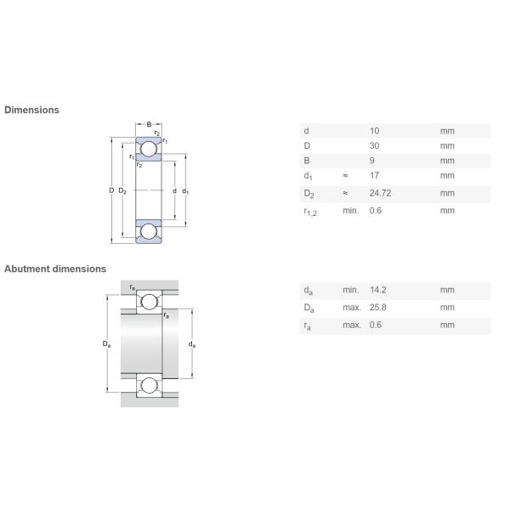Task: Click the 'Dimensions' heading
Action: point(31,110)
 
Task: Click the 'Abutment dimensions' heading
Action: point(55,269)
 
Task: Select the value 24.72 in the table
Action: point(380,193)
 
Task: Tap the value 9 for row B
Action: point(372,161)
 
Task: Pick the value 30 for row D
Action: point(375,145)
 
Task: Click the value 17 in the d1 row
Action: point(375,176)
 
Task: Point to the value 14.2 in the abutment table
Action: point(377,290)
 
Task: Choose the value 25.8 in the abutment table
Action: point(377,307)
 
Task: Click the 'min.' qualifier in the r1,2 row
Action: point(350,210)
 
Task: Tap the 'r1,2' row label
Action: point(309,211)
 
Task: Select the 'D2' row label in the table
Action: point(308,194)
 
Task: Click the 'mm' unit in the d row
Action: point(447,131)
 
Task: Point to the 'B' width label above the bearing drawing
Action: point(149,125)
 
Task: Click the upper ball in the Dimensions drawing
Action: point(149,150)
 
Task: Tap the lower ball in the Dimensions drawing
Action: point(149,230)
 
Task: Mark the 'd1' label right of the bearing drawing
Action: point(185,191)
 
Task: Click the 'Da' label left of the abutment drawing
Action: point(106,344)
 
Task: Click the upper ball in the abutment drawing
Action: point(150,302)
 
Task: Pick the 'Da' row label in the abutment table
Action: point(308,308)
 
